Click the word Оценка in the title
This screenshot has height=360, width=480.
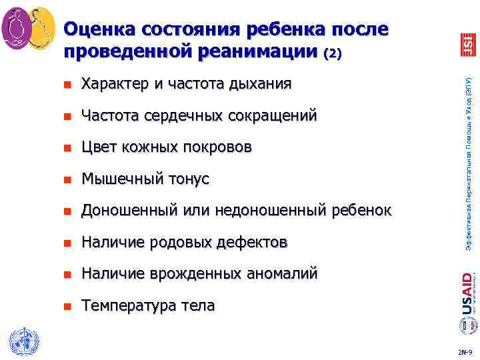97,29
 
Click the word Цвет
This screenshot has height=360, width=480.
99,147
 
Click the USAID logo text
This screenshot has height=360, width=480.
467,291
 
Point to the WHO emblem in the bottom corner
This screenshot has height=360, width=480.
25,342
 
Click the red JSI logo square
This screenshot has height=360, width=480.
467,44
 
